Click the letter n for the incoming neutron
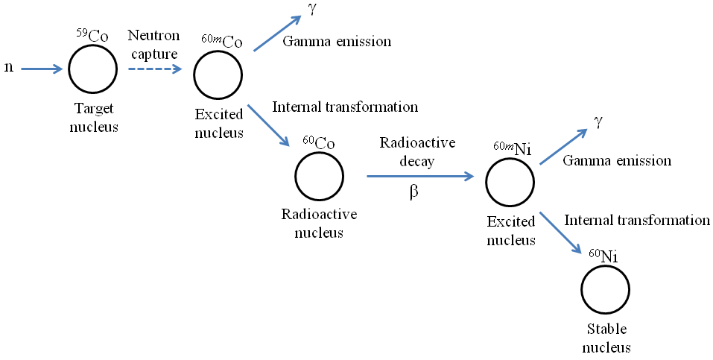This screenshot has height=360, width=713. [9, 68]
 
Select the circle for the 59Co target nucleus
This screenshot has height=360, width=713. [92, 69]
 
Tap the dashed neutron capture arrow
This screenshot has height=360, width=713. [153, 69]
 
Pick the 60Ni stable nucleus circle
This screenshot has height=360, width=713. [606, 289]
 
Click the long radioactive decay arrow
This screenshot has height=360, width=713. [420, 177]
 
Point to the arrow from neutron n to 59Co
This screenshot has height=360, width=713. [42, 69]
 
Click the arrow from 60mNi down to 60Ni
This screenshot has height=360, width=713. [560, 233]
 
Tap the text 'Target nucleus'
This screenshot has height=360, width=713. [94, 117]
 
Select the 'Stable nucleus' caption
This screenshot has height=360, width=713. [606, 338]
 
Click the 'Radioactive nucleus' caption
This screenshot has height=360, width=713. [319, 223]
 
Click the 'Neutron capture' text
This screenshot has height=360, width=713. [153, 44]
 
